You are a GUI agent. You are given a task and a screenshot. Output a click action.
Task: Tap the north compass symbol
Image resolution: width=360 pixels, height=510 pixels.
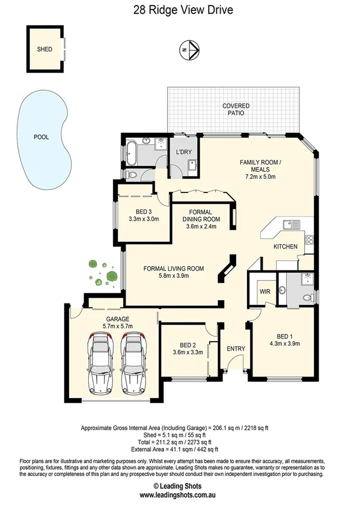[189, 50]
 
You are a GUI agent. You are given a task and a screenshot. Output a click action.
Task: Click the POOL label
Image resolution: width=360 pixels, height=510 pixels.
[41, 137]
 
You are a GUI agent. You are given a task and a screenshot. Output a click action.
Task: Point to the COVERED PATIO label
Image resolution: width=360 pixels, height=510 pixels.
[236, 109]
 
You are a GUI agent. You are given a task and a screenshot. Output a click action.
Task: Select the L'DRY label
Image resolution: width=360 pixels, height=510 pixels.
[183, 152]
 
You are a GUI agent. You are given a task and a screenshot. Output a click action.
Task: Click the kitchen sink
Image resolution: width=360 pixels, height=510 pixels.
[291, 224]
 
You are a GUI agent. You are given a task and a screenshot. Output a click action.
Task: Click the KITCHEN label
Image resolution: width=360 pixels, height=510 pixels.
[285, 247]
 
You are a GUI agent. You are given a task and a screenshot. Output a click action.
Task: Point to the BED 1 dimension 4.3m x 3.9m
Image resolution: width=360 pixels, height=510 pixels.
[288, 344]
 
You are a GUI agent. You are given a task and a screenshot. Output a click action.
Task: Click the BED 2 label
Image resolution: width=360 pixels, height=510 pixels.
[188, 345]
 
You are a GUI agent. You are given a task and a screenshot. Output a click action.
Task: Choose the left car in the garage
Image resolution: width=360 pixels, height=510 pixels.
[100, 364]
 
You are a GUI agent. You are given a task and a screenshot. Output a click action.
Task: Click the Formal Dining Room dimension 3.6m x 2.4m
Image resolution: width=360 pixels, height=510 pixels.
[200, 227]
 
